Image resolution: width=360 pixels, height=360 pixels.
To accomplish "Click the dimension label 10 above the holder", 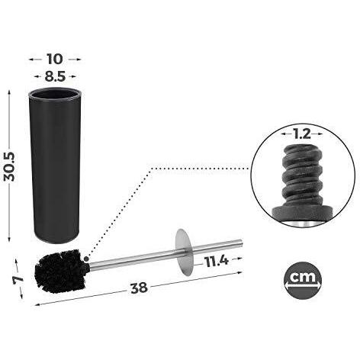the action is pos(55,59).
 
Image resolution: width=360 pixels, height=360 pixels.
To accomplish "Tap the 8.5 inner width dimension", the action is pos(55,76).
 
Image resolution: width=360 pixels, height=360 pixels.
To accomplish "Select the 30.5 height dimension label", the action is pos(10,167).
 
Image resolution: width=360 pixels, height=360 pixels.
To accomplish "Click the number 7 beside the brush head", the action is pos(18,279).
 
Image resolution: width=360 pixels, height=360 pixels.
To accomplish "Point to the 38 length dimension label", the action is pos(139,288).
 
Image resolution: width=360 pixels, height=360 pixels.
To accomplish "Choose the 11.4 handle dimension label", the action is pos(217,262).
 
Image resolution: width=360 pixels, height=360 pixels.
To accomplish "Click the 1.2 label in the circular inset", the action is pos(302,134).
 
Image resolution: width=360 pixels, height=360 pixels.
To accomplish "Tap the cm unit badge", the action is pos(303,281).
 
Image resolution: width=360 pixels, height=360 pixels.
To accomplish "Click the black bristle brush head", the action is pos(62,272).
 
